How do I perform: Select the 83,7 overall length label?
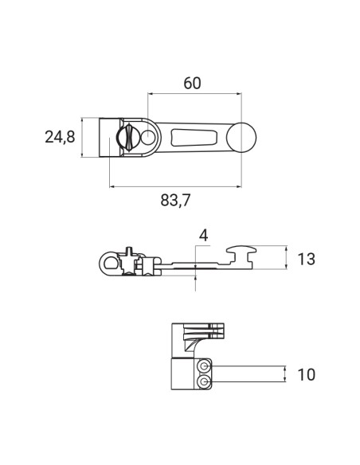(175, 201)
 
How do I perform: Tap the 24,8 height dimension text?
(59, 138)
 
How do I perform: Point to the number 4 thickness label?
(204, 235)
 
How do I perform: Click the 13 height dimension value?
(306, 259)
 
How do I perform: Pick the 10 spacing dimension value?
(306, 374)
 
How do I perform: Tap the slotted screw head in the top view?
(125, 139)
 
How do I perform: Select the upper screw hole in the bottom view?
(206, 366)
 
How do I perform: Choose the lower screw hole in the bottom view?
(206, 383)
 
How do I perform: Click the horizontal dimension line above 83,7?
(175, 186)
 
